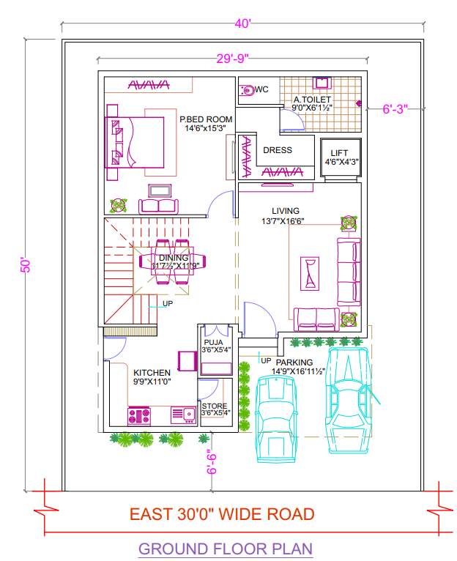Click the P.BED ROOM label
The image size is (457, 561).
206,119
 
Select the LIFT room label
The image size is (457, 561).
338,153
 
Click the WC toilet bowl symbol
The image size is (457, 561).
248,90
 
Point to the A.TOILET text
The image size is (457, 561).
312,99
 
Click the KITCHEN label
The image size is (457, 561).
152,373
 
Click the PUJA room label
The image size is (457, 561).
213,341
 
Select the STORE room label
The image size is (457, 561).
215,406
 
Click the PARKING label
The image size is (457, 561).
294,362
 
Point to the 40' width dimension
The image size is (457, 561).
242,23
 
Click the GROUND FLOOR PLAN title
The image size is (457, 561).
225,548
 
